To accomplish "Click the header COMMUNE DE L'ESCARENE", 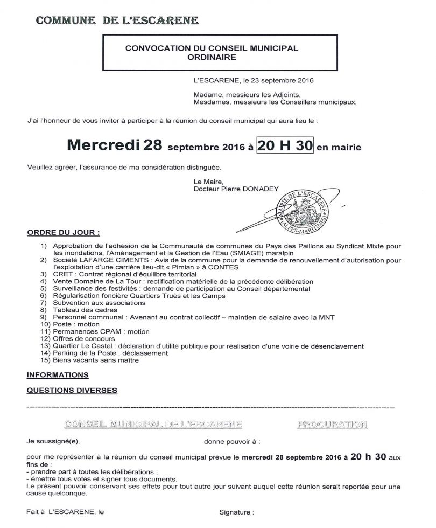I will [x=116, y=22].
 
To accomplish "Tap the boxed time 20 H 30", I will [x=285, y=145].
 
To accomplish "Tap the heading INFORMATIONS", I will [x=58, y=374].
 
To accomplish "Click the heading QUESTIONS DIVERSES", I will [x=72, y=390].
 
